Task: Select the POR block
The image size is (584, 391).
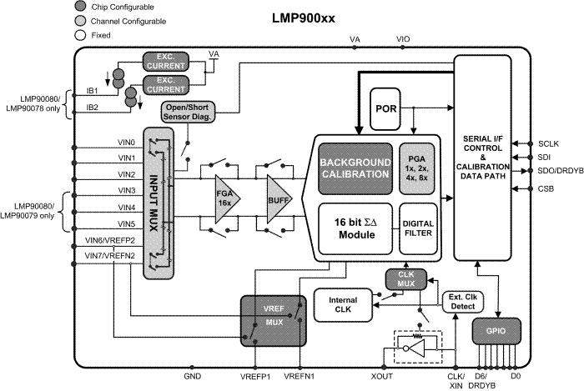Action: coord(385,109)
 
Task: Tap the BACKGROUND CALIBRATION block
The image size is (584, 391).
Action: coord(354,168)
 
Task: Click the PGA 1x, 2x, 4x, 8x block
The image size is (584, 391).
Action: coord(418,168)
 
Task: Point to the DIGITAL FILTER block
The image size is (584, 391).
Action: coord(418,228)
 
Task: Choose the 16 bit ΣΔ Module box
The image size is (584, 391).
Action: coord(355,228)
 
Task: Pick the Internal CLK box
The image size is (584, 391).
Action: coord(341,304)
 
